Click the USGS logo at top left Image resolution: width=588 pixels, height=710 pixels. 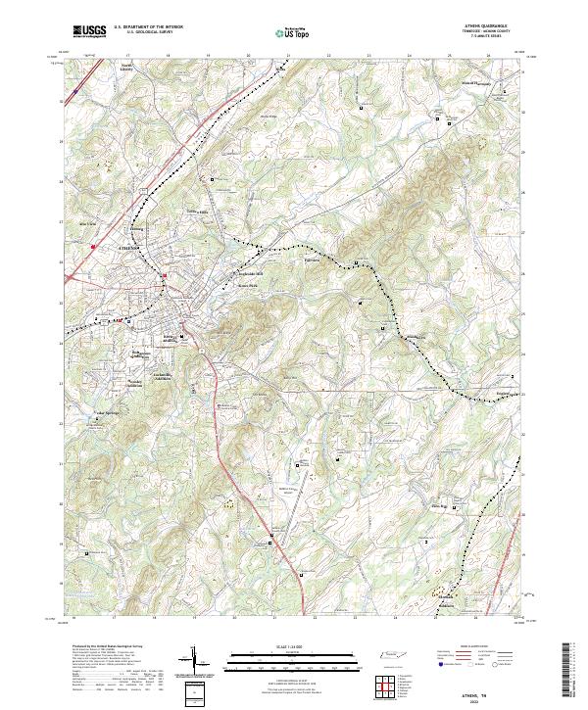point(90,31)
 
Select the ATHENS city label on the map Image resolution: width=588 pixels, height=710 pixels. point(129,250)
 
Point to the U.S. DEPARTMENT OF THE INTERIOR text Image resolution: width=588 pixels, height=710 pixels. point(148,27)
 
